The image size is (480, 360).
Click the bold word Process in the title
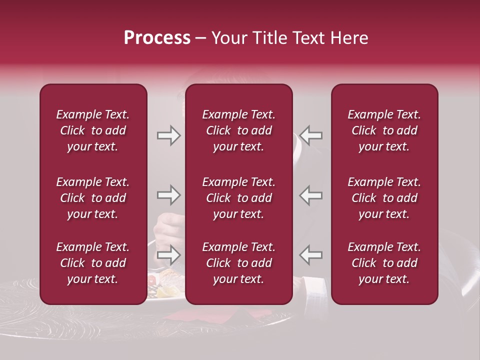(x=157, y=38)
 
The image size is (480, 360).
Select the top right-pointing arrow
(x=168, y=135)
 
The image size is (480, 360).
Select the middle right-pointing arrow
(x=168, y=195)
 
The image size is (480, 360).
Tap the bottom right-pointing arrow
(x=168, y=255)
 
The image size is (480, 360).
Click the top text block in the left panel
(x=93, y=130)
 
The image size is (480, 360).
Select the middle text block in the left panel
(x=93, y=198)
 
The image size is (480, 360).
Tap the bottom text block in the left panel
(x=93, y=263)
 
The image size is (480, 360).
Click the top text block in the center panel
(x=239, y=130)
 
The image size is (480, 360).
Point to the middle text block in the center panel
(x=239, y=198)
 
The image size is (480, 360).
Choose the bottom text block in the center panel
(x=239, y=263)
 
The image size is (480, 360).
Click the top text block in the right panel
(x=384, y=130)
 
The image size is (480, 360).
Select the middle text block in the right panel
(x=384, y=198)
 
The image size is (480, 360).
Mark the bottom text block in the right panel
(x=384, y=263)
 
